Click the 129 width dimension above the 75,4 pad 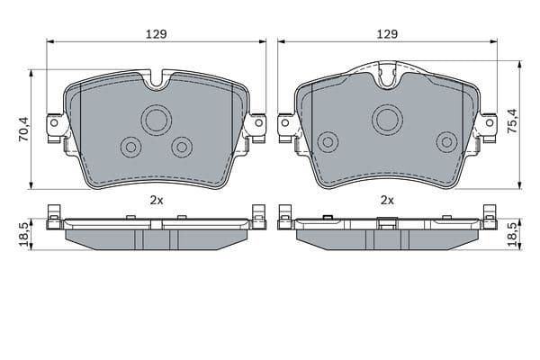(387, 33)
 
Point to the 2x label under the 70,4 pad (156, 200)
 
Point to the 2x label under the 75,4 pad (388, 200)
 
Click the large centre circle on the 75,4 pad (388, 117)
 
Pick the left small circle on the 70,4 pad (130, 146)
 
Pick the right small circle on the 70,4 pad (183, 146)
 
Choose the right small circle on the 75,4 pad (445, 141)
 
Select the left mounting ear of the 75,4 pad (286, 125)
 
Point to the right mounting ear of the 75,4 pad (489, 125)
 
